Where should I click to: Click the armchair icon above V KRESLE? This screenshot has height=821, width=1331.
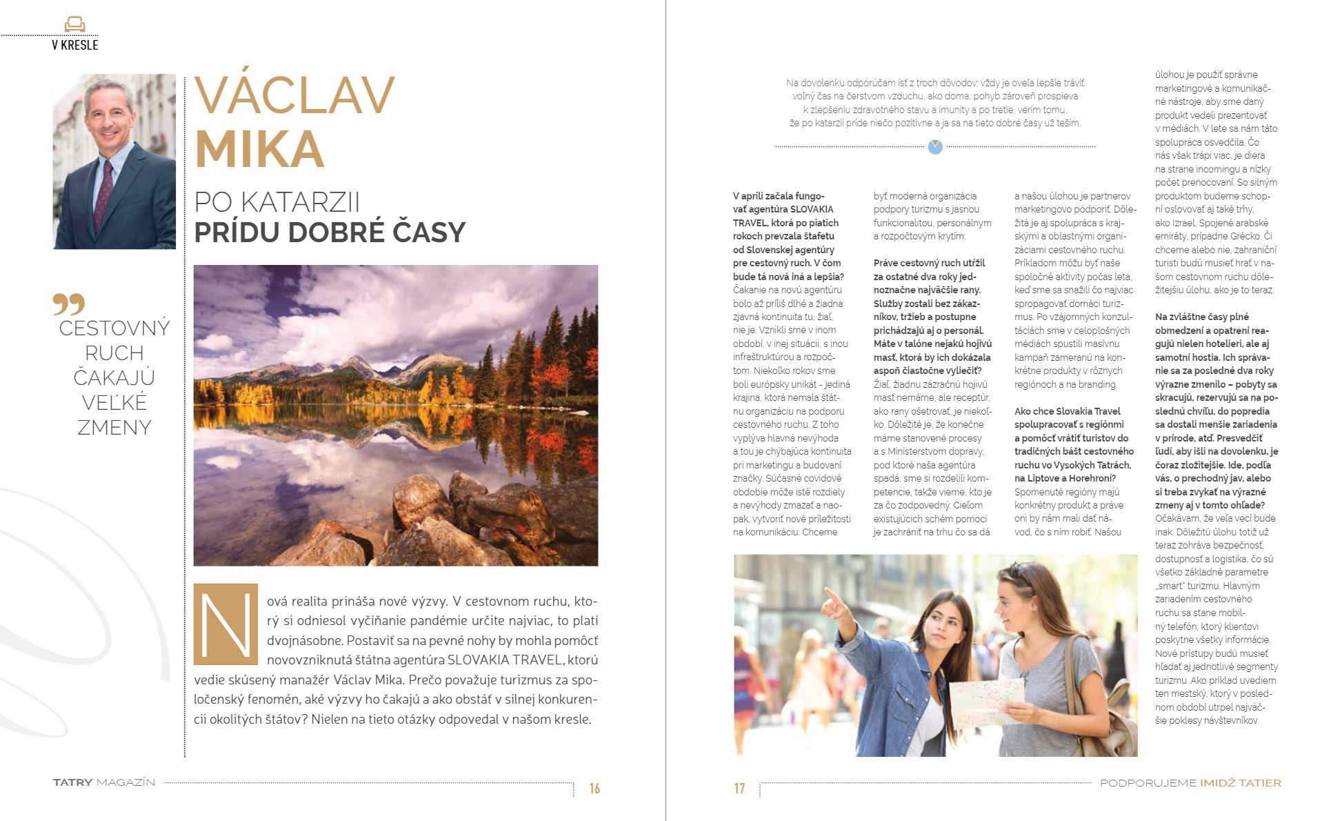click(74, 25)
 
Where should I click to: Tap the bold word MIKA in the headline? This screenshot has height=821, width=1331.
click(259, 149)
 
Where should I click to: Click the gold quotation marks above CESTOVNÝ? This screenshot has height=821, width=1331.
click(68, 304)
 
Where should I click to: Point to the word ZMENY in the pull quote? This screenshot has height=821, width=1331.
click(114, 428)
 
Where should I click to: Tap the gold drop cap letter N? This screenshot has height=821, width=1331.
click(226, 624)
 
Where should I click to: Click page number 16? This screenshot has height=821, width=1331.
click(594, 789)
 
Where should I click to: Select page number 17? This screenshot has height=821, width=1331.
click(739, 789)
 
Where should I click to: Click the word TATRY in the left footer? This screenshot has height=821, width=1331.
click(72, 782)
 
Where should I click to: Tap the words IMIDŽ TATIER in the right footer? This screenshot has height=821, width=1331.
click(1240, 783)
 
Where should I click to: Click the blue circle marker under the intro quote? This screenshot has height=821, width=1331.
click(935, 146)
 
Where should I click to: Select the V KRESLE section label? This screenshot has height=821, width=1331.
click(74, 46)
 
